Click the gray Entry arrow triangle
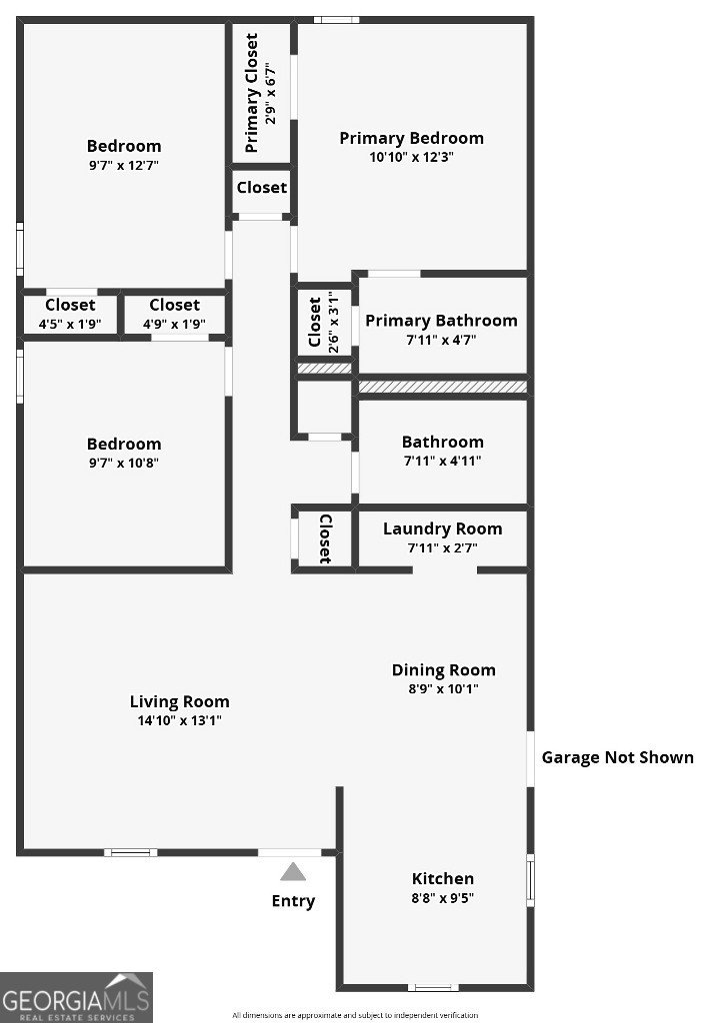coord(293,872)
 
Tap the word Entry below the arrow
coord(293,901)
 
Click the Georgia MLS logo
coord(76,996)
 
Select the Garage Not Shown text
coord(617,757)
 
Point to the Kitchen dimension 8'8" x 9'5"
coord(443,898)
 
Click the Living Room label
coord(179,701)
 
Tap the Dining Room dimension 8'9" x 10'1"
coord(443,689)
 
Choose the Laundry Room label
coord(442,528)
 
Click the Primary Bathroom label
coord(441,321)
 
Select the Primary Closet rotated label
coord(252,93)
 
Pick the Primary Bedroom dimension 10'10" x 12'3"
coord(411,157)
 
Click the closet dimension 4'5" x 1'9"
coord(70,324)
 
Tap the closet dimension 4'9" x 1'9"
coord(174,324)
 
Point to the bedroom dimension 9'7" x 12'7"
coord(123,165)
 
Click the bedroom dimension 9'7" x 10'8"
coord(123,463)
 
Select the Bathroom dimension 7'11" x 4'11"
coord(442,461)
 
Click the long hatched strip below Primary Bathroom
coord(442,387)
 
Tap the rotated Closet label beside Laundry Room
coord(325,539)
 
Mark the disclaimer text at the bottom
coord(355,1015)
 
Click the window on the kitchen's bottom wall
coord(434,987)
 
